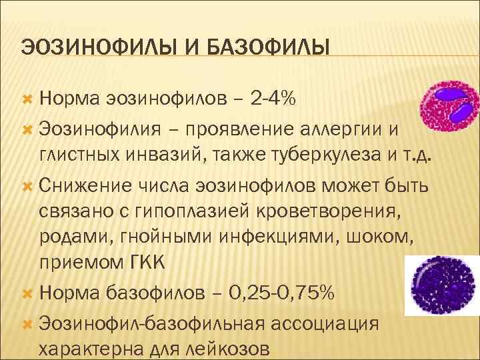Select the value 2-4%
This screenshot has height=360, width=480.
click(x=275, y=99)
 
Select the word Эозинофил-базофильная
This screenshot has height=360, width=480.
click(x=150, y=323)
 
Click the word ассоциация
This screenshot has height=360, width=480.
click(x=323, y=323)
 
